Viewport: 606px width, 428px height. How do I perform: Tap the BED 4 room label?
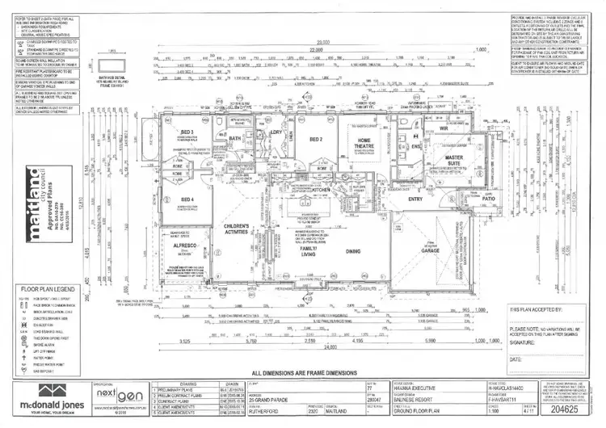coord(187,199)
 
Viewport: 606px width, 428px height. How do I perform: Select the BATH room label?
coord(235,139)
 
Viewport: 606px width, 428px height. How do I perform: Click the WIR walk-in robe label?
coord(444,128)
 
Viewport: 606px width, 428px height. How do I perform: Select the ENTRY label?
coord(416,199)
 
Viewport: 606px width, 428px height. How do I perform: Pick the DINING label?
coord(352,251)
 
